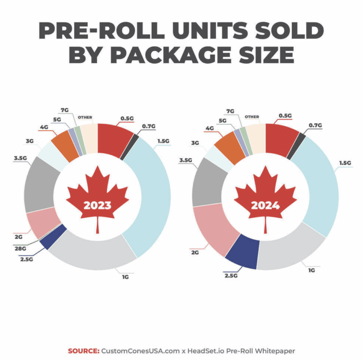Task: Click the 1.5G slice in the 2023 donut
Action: pos(151,195)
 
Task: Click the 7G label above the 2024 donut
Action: pos(230,111)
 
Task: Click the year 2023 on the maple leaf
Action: pos(97,206)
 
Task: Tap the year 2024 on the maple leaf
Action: pos(265,206)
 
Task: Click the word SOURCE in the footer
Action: pos(83,351)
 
